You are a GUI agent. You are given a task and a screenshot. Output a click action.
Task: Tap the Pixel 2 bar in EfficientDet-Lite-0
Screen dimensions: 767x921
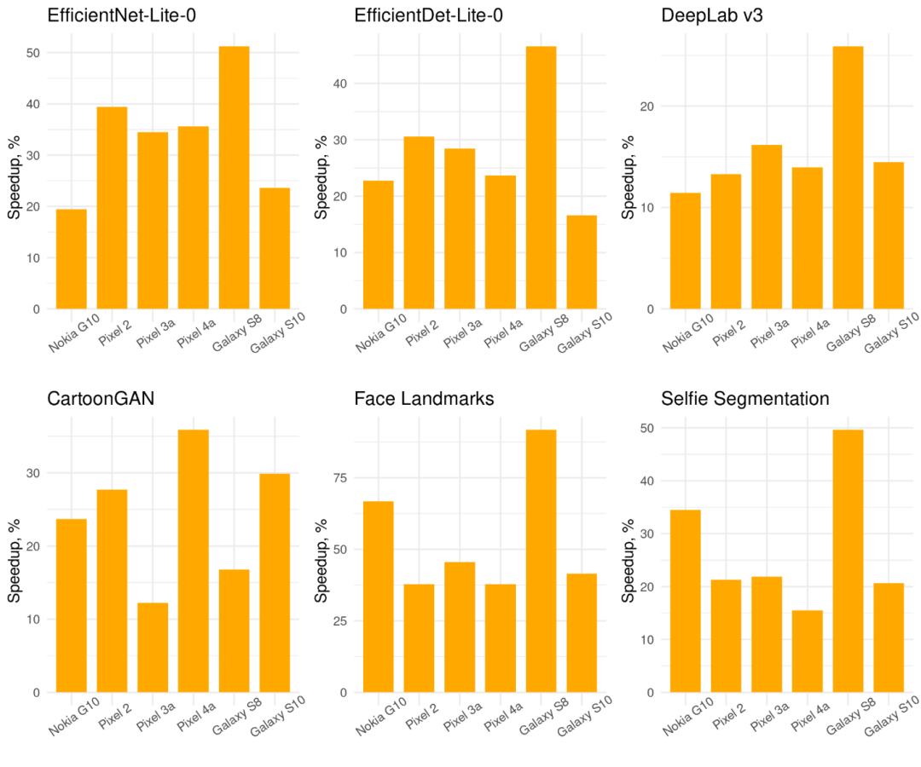click(x=419, y=222)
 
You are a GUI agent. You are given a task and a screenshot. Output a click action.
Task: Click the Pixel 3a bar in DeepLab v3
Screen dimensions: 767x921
click(x=767, y=227)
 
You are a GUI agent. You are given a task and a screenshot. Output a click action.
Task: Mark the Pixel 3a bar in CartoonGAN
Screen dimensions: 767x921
click(x=153, y=648)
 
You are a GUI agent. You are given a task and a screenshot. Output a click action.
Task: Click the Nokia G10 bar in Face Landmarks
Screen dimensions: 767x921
click(x=378, y=597)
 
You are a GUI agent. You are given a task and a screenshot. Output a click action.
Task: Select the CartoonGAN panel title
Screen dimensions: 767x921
click(x=101, y=399)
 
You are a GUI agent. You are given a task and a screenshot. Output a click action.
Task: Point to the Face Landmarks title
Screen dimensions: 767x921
click(x=424, y=399)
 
